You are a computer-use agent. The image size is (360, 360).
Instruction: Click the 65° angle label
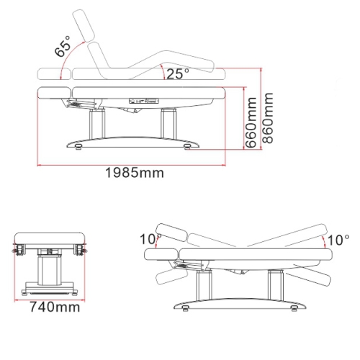point(63,46)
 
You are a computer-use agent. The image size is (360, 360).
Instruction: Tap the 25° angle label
point(178,73)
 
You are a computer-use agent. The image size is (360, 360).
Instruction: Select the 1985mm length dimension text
point(135,173)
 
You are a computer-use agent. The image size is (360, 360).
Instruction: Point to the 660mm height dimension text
point(251,122)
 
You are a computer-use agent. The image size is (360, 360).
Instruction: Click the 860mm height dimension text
point(268,118)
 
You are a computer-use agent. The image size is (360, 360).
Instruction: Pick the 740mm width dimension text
point(55,307)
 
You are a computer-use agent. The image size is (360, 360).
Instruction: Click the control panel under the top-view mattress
point(143,101)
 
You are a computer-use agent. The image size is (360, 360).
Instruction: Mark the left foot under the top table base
point(78,147)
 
